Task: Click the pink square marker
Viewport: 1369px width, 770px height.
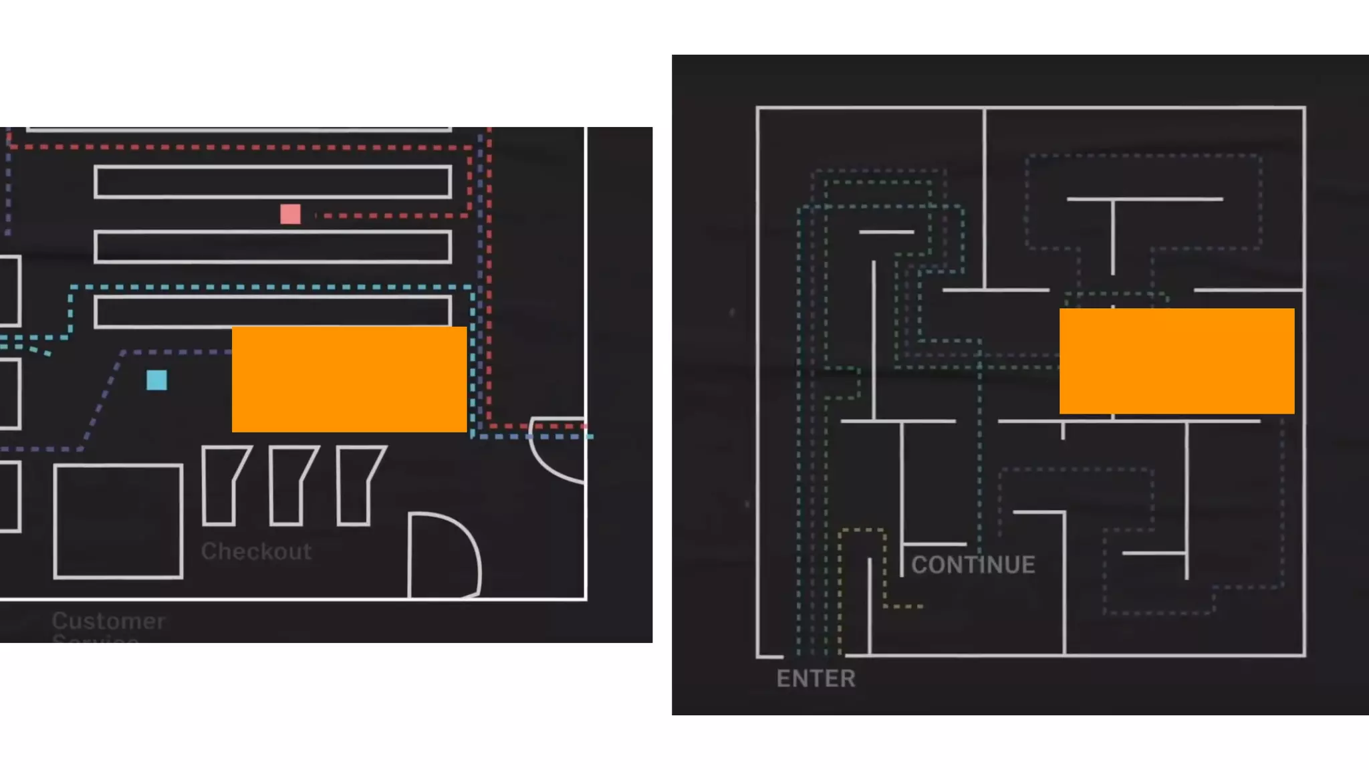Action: click(x=290, y=214)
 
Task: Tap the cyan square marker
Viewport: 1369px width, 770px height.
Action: click(x=156, y=380)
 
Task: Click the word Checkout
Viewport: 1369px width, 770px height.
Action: click(x=256, y=551)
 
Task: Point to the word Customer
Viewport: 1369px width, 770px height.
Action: click(x=108, y=621)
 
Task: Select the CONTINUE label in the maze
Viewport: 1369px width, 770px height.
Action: click(x=973, y=565)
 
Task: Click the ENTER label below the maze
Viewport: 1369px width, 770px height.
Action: click(x=816, y=678)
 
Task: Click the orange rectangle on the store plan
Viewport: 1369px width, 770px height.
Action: click(x=349, y=379)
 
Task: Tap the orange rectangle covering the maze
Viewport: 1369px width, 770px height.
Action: click(x=1176, y=361)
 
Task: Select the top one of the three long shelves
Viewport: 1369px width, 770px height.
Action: click(x=273, y=182)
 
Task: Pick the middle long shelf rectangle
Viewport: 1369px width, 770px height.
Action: click(x=273, y=247)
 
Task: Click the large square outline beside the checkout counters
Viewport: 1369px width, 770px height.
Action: click(x=118, y=521)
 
